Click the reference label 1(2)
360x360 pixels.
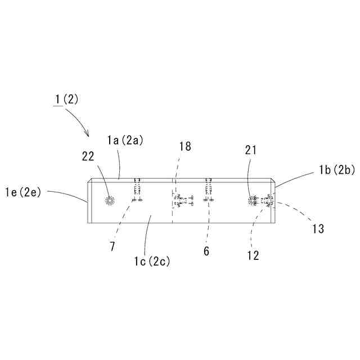[x=66, y=100]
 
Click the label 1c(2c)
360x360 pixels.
[x=152, y=261]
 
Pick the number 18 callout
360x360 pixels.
[x=185, y=147]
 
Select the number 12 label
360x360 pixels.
[x=253, y=255]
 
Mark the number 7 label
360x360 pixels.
[x=113, y=246]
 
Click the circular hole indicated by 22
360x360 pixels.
[x=110, y=201]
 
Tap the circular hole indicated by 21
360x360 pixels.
[x=253, y=200]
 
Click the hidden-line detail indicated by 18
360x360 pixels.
[x=180, y=200]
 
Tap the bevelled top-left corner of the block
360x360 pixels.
[x=89, y=181]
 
